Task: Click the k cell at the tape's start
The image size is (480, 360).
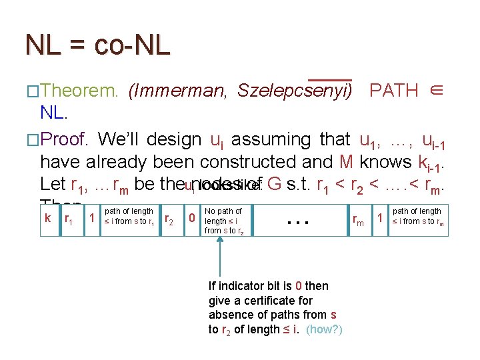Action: click(x=47, y=217)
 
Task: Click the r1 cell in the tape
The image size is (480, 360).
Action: click(x=69, y=218)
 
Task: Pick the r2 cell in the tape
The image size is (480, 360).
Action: click(x=170, y=218)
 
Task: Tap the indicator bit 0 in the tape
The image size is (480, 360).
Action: click(x=192, y=217)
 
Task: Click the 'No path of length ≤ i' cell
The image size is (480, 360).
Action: click(x=224, y=221)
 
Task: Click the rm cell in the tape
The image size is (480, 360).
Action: click(x=359, y=218)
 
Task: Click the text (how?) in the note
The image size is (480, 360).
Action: click(x=325, y=329)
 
